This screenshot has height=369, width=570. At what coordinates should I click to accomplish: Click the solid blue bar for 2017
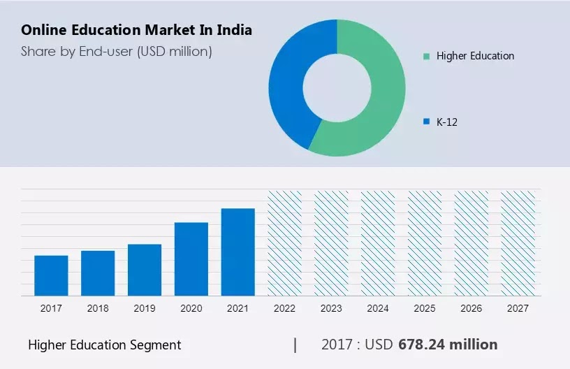51,275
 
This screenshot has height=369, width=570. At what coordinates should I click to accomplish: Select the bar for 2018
98,273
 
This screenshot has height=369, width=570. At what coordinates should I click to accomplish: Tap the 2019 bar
145,270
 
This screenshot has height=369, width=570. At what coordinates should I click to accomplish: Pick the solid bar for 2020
191,259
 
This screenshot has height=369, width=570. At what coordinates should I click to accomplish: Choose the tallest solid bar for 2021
238,252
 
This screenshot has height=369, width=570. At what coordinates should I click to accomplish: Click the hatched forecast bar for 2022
285,243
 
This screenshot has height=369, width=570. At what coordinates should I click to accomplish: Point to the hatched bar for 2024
378,243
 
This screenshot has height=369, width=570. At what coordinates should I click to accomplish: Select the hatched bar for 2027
518,243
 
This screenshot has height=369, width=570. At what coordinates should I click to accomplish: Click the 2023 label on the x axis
331,308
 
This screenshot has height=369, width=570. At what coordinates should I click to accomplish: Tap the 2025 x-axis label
425,308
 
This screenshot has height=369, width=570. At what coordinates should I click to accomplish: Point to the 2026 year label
472,308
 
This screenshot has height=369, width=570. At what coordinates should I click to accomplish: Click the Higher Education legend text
475,56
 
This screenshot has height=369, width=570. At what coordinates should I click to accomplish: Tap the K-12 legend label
447,122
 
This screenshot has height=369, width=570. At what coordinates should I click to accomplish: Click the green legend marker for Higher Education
426,56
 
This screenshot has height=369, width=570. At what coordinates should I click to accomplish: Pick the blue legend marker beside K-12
426,122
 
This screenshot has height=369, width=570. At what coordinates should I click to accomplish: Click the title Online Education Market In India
137,31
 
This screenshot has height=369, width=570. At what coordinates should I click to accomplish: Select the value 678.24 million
448,345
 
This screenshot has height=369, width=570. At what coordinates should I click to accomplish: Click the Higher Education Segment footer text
105,345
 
